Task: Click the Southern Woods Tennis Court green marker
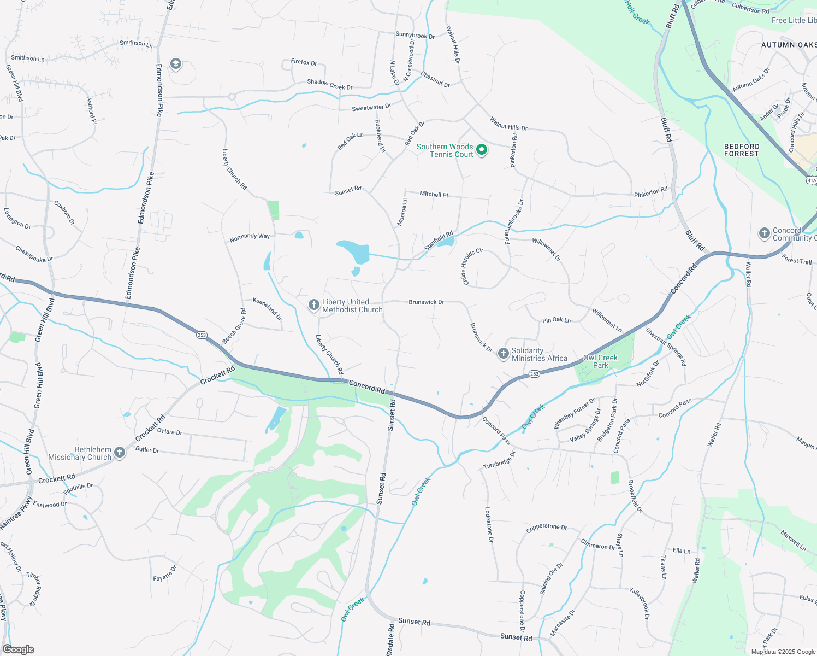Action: [481, 149]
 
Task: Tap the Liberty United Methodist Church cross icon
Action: [314, 304]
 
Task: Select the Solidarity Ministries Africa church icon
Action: [503, 354]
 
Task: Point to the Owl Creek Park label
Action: [600, 361]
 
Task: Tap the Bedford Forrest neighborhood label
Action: [742, 150]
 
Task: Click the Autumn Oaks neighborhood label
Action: [789, 45]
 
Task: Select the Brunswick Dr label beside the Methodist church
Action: [426, 302]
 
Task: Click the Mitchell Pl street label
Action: [434, 194]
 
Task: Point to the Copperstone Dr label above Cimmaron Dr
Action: [547, 528]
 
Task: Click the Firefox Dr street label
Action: [304, 62]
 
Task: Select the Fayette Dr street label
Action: [165, 573]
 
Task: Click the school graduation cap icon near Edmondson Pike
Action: [175, 65]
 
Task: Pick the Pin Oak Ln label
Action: [556, 320]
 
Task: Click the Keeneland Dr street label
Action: [267, 309]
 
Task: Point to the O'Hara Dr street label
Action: [169, 432]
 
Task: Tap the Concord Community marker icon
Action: [764, 233]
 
